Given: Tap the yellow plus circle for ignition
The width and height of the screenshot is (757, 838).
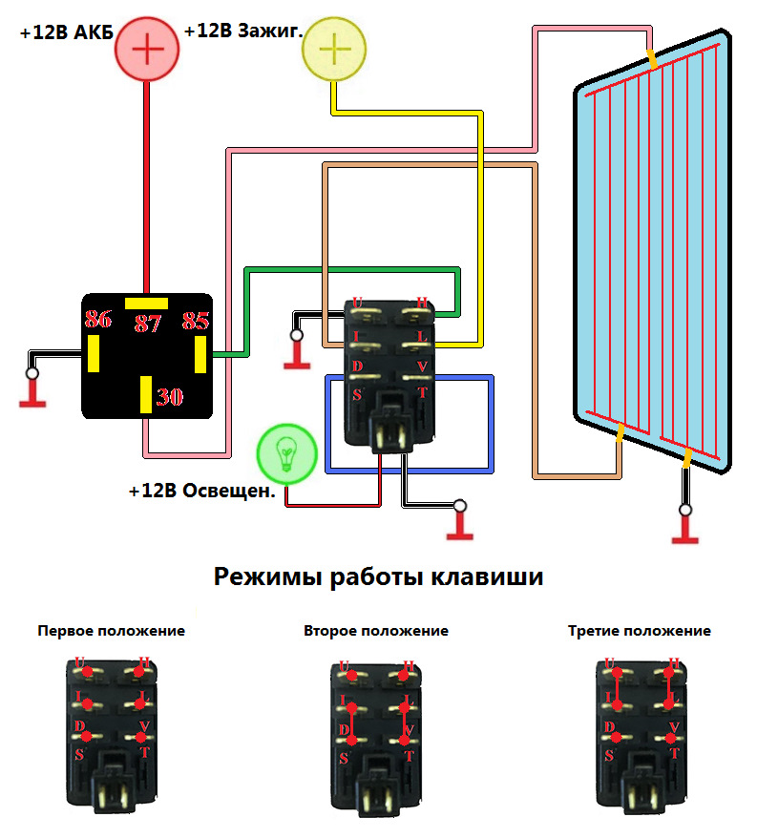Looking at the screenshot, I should [x=333, y=49].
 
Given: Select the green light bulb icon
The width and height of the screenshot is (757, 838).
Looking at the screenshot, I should [x=286, y=451].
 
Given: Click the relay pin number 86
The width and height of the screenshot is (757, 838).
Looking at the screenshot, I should [x=97, y=320].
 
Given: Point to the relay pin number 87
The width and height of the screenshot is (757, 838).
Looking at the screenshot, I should [x=147, y=324].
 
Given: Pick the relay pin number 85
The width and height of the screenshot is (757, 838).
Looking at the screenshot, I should [x=195, y=320].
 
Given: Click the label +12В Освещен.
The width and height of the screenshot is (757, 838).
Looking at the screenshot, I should [x=201, y=492].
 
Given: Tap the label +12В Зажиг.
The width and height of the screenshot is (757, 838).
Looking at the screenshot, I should [x=243, y=31].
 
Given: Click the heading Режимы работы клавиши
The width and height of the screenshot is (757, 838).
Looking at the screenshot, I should [x=378, y=577].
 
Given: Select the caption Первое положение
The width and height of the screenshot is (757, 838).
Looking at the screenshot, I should [x=111, y=631].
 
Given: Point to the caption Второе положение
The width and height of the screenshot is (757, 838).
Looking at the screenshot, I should [x=376, y=631].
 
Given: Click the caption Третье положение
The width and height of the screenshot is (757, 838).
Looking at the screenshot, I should [x=639, y=631].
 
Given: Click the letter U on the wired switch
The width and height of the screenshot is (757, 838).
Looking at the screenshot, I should [x=358, y=304].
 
